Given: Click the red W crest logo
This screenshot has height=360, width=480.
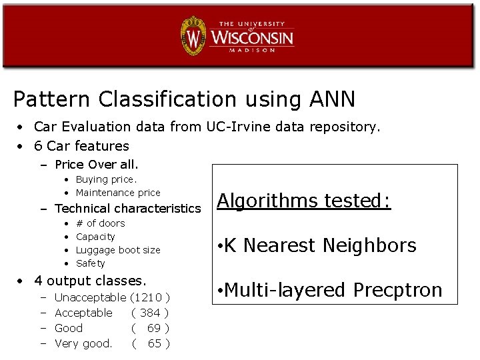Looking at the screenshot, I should (193, 36).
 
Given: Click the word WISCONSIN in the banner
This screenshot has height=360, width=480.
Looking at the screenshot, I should (252, 37).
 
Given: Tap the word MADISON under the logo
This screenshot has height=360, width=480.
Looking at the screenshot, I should (252, 50).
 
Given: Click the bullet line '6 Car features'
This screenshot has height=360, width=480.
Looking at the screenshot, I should (81, 145).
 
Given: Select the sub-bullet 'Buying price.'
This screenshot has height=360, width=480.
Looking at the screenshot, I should (107, 179).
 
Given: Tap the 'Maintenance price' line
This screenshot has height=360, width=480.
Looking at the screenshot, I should (118, 193).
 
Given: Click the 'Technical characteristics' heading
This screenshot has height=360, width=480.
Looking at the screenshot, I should (127, 209).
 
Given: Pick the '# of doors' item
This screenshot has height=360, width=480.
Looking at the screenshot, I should (101, 223).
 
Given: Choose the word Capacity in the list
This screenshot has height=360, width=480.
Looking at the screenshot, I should (95, 237).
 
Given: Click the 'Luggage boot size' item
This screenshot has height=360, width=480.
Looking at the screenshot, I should (118, 250).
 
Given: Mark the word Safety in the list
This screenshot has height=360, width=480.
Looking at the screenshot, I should (91, 263).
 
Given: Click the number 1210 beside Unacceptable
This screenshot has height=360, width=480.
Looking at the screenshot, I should (150, 297).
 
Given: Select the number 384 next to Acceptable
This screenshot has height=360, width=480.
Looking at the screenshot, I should (151, 313).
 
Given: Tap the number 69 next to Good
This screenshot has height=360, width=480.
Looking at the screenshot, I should (154, 328).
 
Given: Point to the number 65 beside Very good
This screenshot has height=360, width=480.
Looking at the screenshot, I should (154, 344).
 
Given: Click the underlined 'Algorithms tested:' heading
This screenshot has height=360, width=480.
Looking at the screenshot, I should (304, 201).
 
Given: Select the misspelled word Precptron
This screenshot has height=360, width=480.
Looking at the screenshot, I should (397, 291).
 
